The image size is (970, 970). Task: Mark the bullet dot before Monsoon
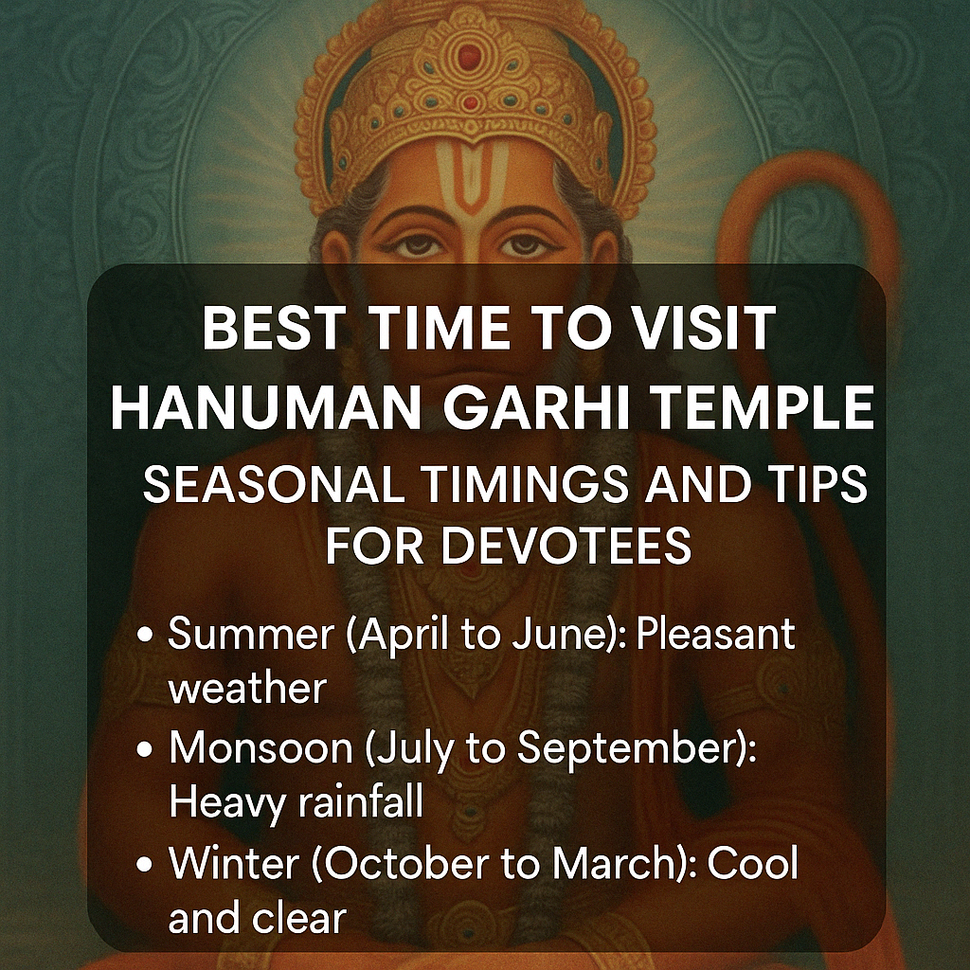pyautogui.click(x=146, y=750)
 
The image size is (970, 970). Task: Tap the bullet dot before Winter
pyautogui.click(x=146, y=865)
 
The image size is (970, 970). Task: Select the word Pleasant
pyautogui.click(x=716, y=635)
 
